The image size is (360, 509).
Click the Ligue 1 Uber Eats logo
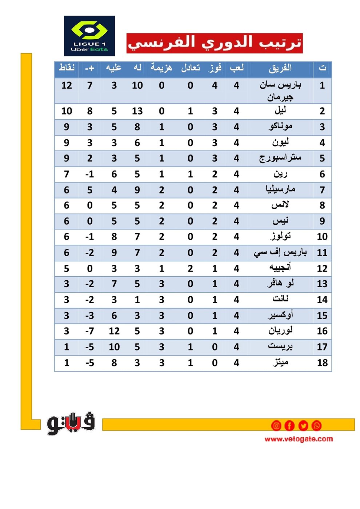point(89,36)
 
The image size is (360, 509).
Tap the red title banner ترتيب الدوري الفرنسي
point(215,43)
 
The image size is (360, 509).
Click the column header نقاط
point(67,68)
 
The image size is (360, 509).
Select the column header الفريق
point(280,68)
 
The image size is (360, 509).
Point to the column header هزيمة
point(161,68)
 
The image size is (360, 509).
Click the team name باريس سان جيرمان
point(280,91)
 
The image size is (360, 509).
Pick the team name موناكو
point(280,127)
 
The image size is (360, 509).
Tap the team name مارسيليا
point(280,190)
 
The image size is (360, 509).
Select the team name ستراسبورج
point(280,158)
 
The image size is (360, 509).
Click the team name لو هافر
point(280,284)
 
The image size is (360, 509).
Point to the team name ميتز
point(280,362)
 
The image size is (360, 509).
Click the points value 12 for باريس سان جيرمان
point(67,86)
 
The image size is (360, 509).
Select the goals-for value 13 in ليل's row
point(137,111)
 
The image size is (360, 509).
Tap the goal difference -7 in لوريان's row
point(89,331)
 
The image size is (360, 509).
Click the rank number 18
point(322,363)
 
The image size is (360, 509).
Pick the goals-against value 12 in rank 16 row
point(114,331)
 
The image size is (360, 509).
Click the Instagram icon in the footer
point(276,425)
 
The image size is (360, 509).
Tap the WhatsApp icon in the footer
point(317,425)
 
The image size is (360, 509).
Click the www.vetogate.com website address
point(299,439)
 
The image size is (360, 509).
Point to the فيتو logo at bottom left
point(71,424)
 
